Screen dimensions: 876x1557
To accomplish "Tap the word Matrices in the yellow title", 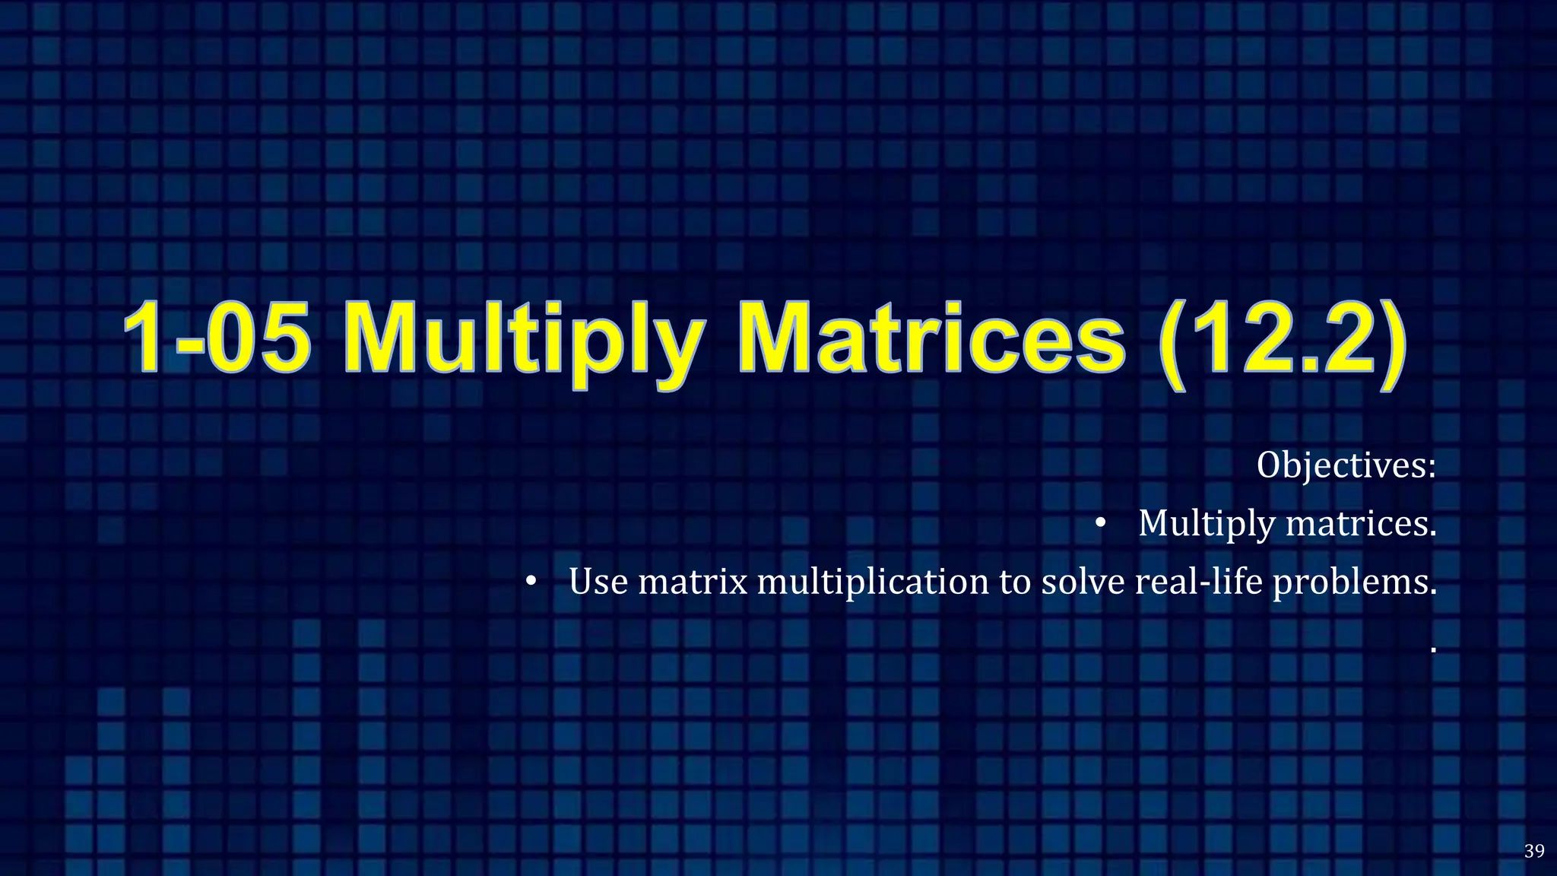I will tap(931, 338).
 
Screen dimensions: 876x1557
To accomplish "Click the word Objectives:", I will tap(1346, 465).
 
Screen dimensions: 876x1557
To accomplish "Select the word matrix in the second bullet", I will tap(693, 582).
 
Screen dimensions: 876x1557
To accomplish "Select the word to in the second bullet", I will tap(1015, 582).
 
